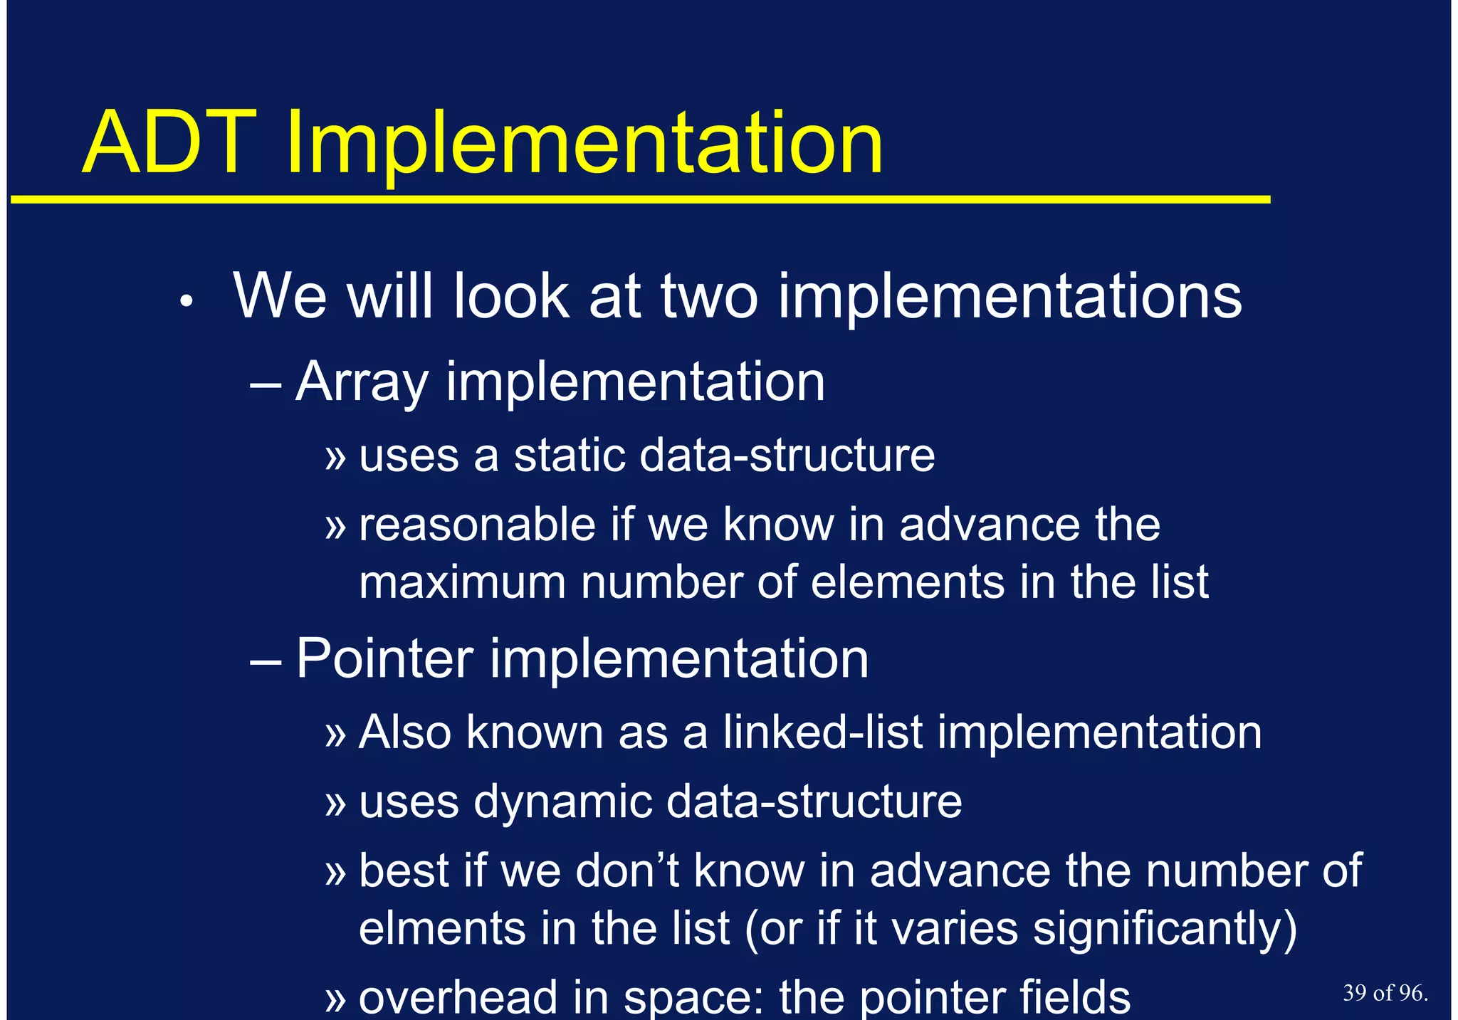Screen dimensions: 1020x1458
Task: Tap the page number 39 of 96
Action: click(x=1385, y=993)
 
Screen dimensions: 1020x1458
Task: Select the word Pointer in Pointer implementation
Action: click(x=384, y=658)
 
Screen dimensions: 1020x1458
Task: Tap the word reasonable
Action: click(x=477, y=525)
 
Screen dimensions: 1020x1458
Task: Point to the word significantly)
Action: click(x=1165, y=929)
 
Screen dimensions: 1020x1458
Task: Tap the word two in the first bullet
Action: click(x=709, y=297)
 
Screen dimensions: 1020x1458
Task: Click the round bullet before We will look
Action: click(x=187, y=303)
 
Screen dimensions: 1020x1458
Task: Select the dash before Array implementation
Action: click(x=266, y=385)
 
